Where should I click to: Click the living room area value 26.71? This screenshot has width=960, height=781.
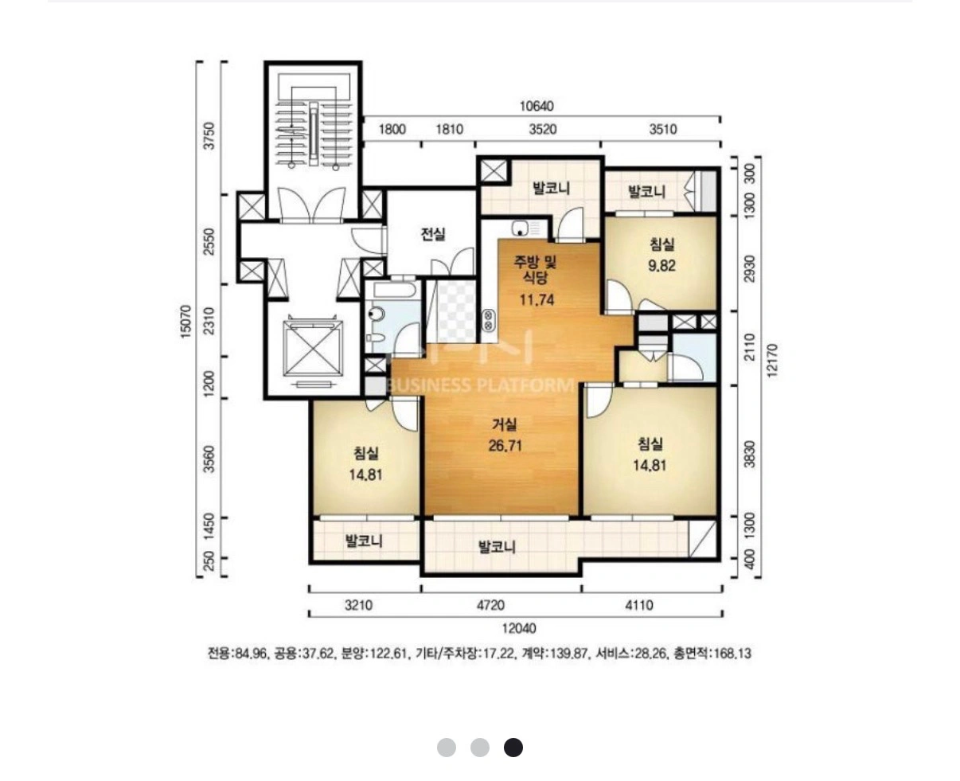point(505,446)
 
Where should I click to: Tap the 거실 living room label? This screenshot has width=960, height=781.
point(505,424)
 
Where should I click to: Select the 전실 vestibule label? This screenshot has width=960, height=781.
point(433,233)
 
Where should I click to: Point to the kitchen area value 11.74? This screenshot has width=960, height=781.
point(537,299)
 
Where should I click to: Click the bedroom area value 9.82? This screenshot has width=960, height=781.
point(661,265)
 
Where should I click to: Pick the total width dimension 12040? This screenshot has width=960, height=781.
point(519,628)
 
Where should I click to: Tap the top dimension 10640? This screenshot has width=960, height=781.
point(537,107)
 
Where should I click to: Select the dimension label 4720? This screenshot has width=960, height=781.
point(490,605)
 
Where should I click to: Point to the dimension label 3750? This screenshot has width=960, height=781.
point(209,135)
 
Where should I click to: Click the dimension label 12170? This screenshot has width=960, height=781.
point(771,360)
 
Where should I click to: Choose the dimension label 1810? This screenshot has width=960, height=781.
point(449,130)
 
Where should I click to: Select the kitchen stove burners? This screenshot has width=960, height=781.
point(488,320)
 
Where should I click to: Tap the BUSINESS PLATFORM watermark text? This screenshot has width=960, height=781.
point(481,385)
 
